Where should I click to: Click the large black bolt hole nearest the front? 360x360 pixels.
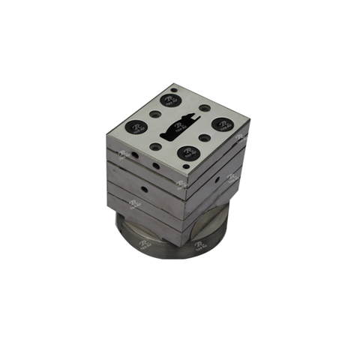coord(187,152)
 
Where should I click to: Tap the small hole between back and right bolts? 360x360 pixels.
coord(197,109)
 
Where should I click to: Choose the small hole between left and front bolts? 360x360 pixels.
coord(155,145)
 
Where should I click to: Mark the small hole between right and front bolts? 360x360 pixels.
coord(204,138)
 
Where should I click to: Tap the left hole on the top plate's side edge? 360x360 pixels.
coord(136,157)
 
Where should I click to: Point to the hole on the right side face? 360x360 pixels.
coord(217,180)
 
